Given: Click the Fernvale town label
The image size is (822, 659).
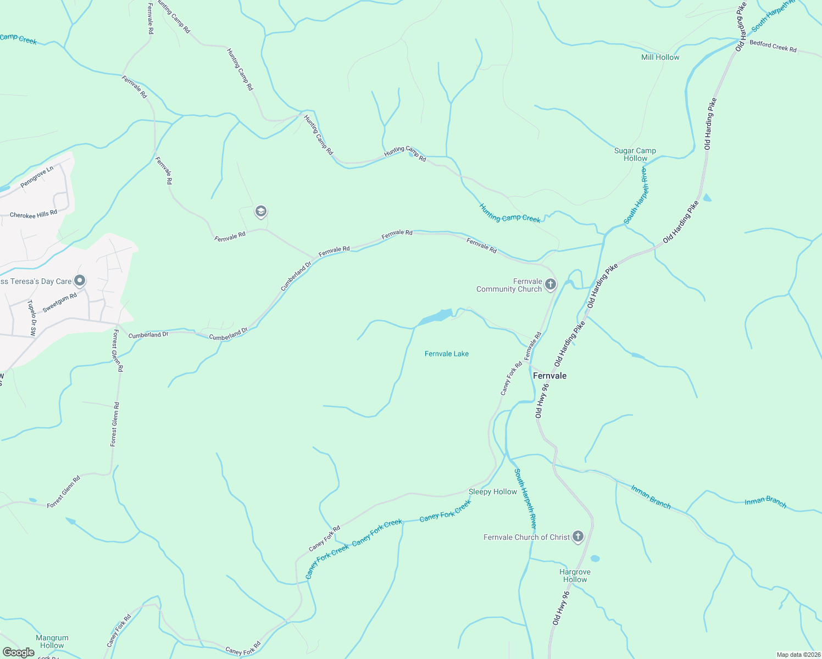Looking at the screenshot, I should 549,376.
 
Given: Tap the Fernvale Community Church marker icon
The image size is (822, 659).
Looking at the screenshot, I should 551,284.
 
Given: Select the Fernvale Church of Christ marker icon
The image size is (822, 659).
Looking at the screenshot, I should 577,537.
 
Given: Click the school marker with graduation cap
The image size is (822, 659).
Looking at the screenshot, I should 260,211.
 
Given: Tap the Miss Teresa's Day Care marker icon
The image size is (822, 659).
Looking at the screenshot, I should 80,281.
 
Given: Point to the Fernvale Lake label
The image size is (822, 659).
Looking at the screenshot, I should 447,354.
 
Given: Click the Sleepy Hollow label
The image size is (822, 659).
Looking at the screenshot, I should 492,492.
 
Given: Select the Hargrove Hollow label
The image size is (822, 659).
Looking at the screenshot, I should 575,576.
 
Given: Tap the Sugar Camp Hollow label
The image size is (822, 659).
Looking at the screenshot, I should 635,154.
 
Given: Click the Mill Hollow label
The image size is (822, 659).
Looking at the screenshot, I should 660,57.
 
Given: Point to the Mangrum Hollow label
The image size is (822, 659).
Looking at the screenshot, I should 52,641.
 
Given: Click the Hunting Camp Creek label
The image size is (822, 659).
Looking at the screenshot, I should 510,214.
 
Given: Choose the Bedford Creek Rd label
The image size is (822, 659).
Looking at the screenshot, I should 773,46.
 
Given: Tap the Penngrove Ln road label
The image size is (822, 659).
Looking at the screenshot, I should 37,177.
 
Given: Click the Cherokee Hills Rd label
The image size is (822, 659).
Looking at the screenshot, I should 34,214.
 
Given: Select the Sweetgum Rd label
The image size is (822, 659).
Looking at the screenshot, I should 59,303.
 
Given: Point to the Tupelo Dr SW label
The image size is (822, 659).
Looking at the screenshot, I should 32,317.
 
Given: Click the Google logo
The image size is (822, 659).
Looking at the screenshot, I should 18,652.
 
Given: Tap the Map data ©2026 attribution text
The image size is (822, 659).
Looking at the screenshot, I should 798,655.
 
